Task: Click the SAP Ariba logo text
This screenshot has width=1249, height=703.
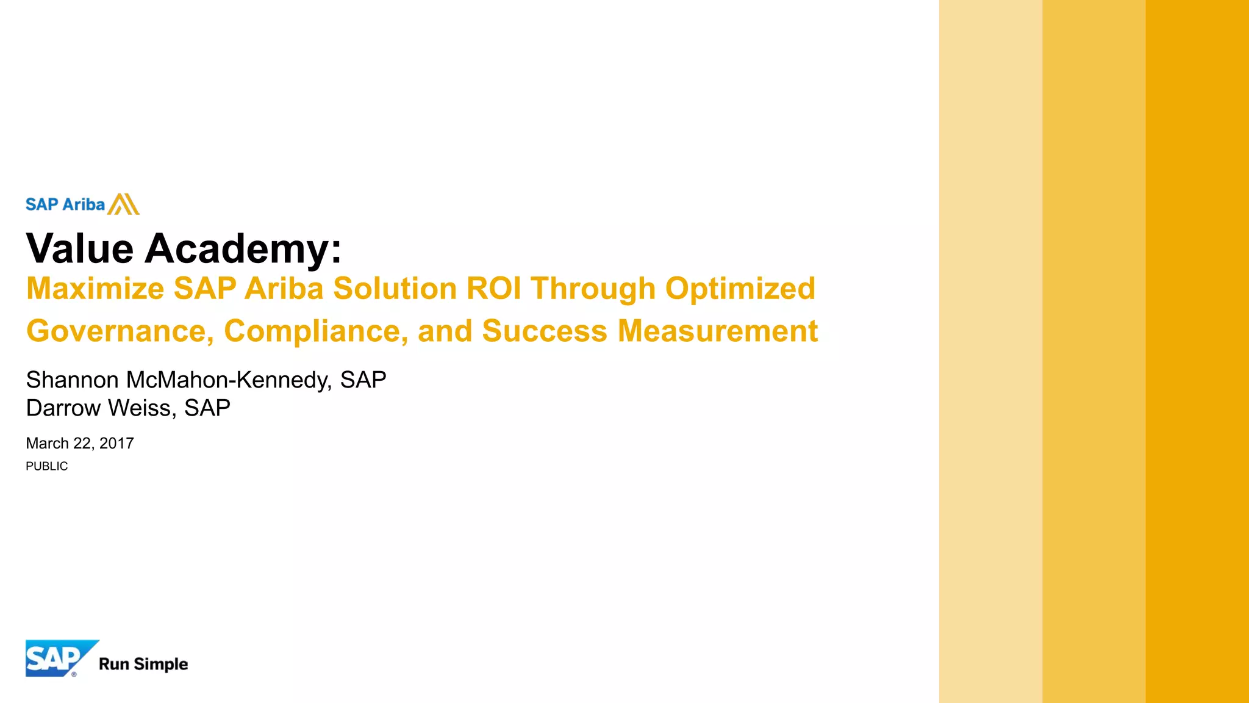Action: click(x=65, y=204)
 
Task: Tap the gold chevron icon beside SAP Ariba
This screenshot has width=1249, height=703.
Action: click(x=124, y=204)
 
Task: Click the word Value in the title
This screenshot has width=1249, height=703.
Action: click(x=80, y=249)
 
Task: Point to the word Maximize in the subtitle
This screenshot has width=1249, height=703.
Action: click(x=95, y=289)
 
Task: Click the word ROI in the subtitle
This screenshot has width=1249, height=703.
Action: click(x=494, y=289)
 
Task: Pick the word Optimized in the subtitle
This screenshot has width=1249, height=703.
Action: click(x=740, y=289)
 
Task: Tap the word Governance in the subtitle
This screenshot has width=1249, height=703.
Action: click(x=120, y=331)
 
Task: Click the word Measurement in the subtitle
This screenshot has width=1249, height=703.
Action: click(x=717, y=331)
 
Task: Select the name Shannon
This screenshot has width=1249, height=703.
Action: click(x=72, y=380)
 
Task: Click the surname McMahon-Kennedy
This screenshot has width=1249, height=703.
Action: click(x=229, y=380)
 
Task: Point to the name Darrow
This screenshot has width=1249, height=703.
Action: click(x=63, y=408)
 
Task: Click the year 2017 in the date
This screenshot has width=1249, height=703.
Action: click(x=116, y=444)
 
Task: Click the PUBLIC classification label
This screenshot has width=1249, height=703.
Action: click(x=47, y=466)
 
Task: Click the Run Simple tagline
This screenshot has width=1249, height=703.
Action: click(x=143, y=664)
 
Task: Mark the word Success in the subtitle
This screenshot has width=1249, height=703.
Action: click(x=545, y=331)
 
